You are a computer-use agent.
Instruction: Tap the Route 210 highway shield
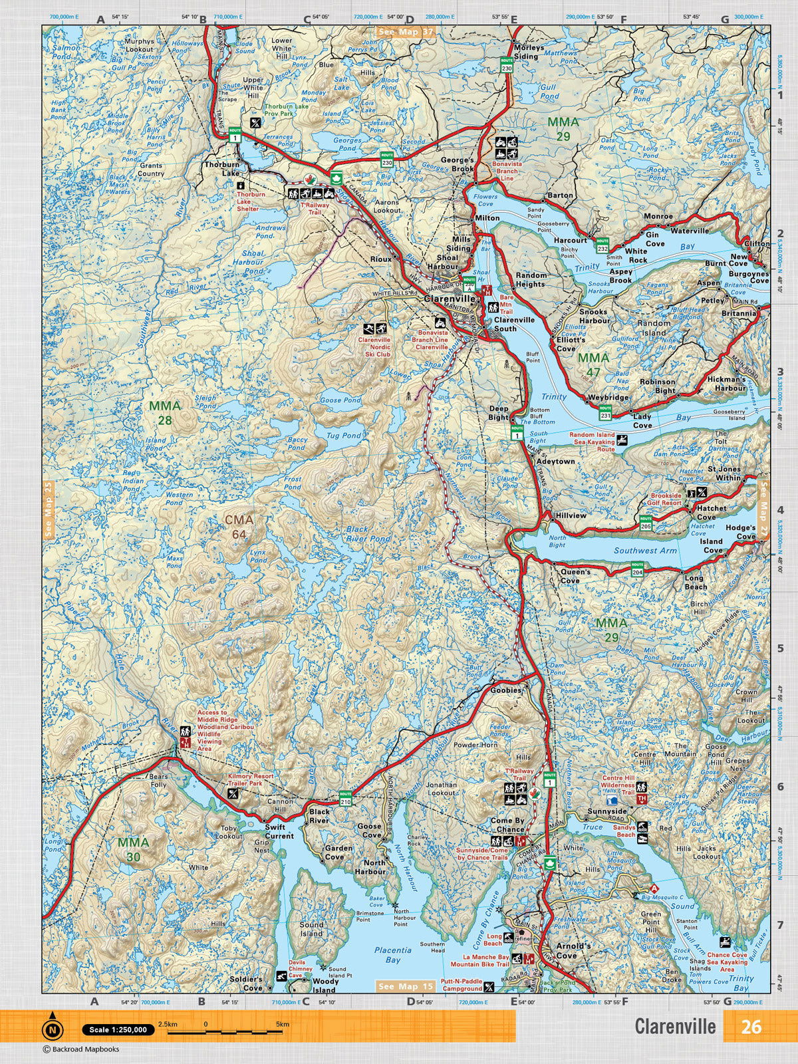(345, 794)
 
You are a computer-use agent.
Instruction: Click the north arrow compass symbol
(52, 1029)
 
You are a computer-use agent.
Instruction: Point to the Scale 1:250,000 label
(118, 1029)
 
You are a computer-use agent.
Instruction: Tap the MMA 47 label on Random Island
(589, 364)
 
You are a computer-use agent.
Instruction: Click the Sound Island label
(311, 928)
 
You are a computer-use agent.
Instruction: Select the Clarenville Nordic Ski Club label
(374, 347)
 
